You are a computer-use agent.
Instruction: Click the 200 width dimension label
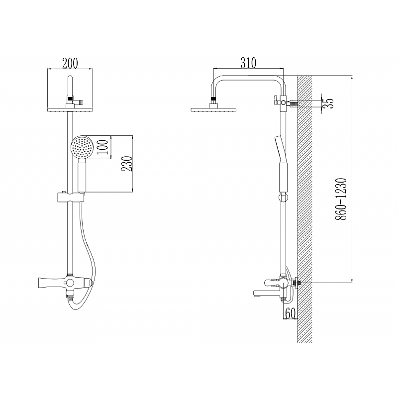70,63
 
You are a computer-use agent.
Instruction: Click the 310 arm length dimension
248,63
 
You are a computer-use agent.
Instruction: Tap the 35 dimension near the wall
329,103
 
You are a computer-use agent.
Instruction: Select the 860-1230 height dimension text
341,199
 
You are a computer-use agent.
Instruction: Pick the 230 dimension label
127,164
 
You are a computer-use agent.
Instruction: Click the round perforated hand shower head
82,147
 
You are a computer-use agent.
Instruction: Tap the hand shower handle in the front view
82,177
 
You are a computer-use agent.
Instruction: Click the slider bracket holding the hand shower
70,197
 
